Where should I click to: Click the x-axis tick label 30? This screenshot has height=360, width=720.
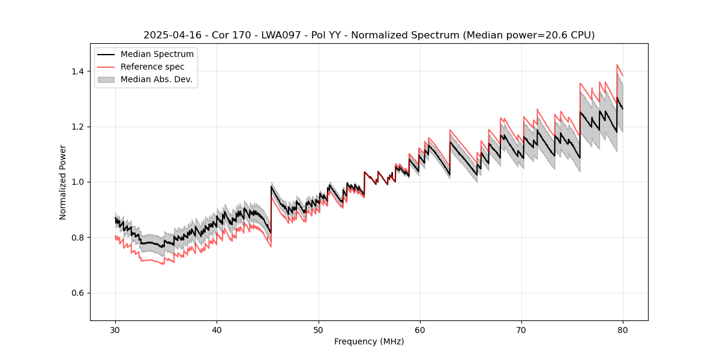click(x=116, y=329)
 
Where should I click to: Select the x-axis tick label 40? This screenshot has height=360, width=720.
click(x=217, y=329)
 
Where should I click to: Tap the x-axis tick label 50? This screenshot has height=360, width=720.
click(x=319, y=329)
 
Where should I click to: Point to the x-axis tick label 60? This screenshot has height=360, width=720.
click(x=420, y=329)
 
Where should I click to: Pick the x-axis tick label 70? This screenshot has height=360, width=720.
click(x=521, y=329)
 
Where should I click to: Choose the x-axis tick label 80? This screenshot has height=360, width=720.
click(x=623, y=329)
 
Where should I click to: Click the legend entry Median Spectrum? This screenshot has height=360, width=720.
click(x=157, y=55)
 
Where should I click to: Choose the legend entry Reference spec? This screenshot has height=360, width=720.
click(x=152, y=67)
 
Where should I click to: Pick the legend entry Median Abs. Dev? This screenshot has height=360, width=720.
click(x=157, y=79)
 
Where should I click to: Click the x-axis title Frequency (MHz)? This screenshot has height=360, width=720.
click(x=369, y=341)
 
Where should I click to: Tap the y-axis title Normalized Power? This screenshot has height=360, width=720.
click(x=63, y=182)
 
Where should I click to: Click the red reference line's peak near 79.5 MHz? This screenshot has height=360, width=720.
click(x=617, y=65)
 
